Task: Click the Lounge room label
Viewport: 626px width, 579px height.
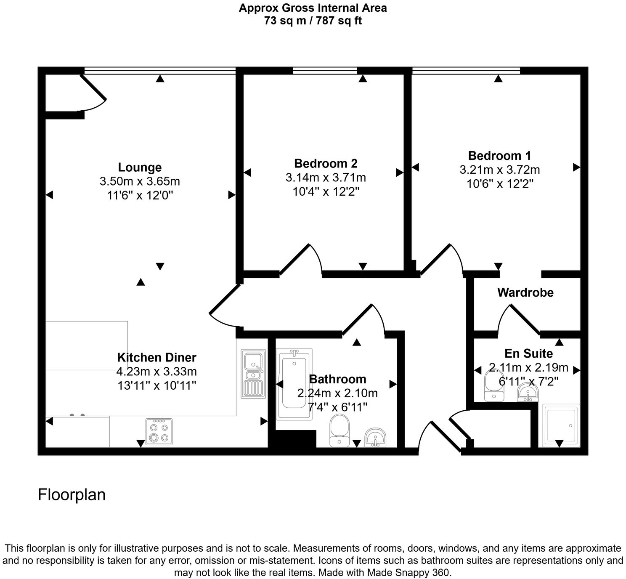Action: pos(140,167)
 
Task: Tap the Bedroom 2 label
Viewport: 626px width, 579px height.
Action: pos(326,163)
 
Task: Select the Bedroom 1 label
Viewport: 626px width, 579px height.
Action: pos(499,156)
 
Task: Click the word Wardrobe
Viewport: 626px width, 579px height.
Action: pos(525,292)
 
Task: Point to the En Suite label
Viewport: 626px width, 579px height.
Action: pos(528,353)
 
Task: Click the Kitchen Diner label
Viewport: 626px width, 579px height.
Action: pos(156,358)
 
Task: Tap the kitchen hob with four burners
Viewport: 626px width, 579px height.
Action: pos(159,432)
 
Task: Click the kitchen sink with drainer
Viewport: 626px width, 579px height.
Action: pos(253,374)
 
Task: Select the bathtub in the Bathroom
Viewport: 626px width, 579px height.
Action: pos(294,384)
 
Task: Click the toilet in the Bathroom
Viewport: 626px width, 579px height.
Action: pos(339,430)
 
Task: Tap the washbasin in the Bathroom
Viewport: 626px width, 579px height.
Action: pos(375,438)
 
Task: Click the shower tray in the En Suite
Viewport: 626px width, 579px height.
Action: pos(561,425)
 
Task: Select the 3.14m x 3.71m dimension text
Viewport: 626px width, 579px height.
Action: pos(326,178)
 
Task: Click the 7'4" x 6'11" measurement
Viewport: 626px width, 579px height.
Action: pos(337,407)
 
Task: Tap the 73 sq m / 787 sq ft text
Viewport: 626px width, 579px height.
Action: pos(313,21)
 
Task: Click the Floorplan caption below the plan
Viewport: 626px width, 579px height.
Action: pos(72,494)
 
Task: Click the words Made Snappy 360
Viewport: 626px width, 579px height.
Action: pos(408,573)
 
